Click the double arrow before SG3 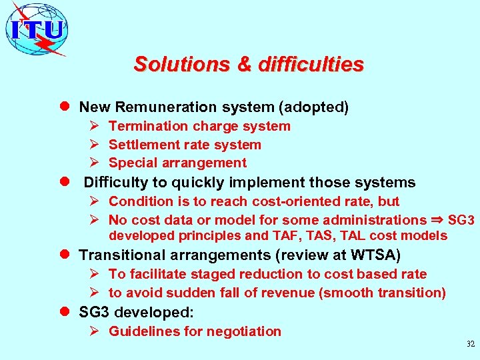(437, 219)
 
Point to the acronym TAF (283, 235)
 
